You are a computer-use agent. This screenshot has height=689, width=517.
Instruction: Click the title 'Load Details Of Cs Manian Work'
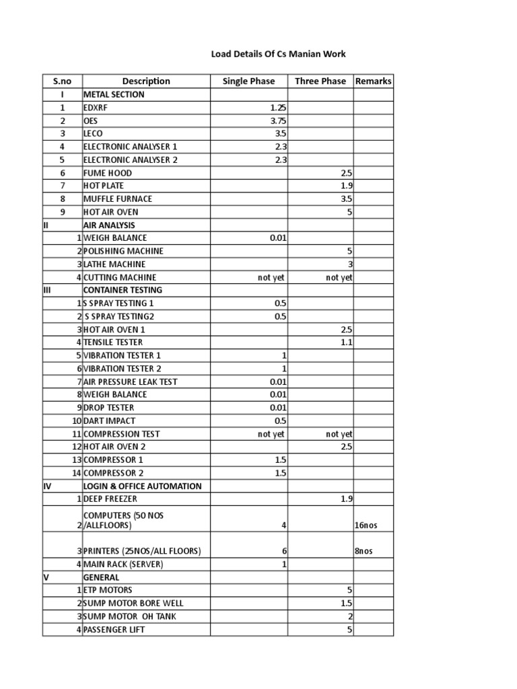(x=279, y=53)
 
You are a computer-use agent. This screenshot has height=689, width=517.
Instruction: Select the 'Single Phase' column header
(x=248, y=81)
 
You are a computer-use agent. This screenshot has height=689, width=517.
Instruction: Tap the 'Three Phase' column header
(x=320, y=81)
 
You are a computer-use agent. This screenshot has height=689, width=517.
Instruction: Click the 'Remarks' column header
(x=374, y=81)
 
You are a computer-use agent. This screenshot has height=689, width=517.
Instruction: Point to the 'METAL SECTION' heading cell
(x=114, y=95)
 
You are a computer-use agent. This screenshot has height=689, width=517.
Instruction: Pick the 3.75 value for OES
(x=277, y=120)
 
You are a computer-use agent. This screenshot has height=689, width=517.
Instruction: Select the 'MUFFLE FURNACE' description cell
(x=118, y=199)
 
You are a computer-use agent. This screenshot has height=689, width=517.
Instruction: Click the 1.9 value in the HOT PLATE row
(x=347, y=186)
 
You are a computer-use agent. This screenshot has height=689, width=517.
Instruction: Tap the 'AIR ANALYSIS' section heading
(x=109, y=225)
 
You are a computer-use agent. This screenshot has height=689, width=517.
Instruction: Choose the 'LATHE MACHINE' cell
(x=114, y=264)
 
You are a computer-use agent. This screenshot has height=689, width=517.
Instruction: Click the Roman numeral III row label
(x=47, y=290)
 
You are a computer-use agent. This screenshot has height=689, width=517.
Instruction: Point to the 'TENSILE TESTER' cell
(x=113, y=342)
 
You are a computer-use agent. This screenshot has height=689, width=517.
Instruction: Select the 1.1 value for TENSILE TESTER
(x=347, y=342)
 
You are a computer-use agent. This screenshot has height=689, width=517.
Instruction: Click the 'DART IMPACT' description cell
(x=109, y=421)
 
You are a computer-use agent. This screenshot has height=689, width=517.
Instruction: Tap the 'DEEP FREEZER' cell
(x=110, y=499)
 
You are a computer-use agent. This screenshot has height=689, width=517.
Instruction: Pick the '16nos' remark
(x=366, y=525)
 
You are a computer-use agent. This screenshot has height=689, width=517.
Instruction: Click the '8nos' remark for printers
(x=364, y=551)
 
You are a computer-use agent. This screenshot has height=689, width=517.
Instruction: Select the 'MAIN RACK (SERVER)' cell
(x=123, y=565)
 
